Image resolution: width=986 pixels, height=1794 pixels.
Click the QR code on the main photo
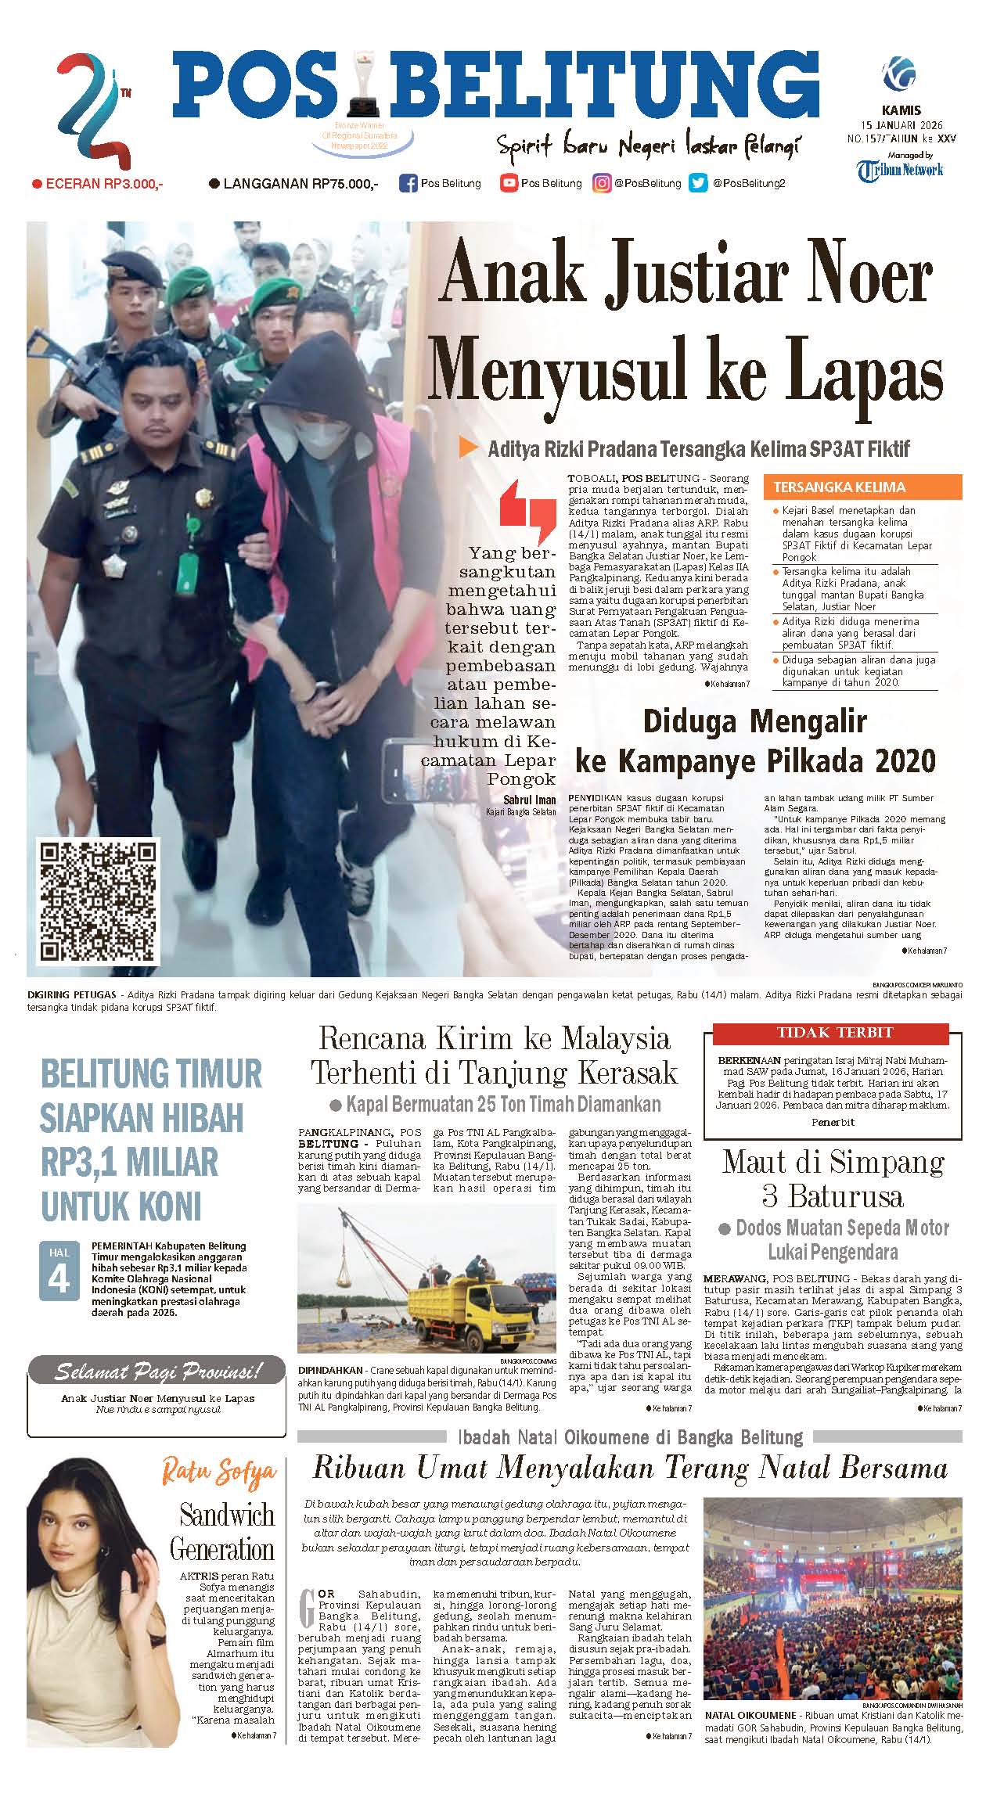point(99,901)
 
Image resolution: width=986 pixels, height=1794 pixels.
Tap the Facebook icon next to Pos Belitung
point(408,184)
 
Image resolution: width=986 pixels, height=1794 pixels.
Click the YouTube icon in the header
point(509,184)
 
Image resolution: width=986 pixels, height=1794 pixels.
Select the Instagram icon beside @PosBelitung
point(601,184)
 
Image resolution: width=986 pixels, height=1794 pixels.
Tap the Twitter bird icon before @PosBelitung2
point(697,184)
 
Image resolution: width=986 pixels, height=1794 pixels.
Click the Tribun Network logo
point(900,170)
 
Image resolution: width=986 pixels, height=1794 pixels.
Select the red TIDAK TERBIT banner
point(835,1033)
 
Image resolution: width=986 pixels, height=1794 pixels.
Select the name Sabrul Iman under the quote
point(530,800)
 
